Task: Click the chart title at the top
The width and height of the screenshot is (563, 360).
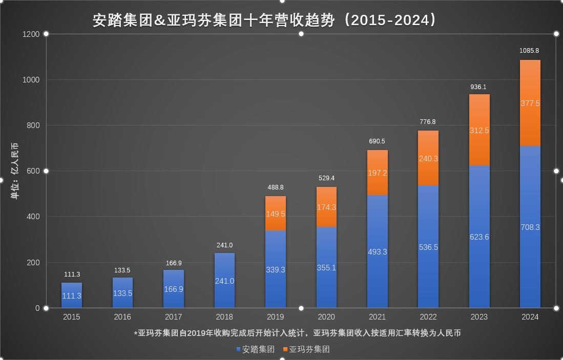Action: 265,20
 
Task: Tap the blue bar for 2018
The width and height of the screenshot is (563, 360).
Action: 224,281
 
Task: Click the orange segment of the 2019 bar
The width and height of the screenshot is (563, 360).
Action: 276,214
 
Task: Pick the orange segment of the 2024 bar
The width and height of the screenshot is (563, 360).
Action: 530,103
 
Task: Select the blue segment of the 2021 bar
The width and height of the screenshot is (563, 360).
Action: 378,251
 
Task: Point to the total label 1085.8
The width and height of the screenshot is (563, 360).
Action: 529,51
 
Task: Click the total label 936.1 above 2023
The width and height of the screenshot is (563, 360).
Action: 478,87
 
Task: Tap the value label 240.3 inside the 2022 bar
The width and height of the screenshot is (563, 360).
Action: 428,159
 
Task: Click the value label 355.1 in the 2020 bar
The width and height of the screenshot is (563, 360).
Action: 326,267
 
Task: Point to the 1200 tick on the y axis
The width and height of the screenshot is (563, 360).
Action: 31,34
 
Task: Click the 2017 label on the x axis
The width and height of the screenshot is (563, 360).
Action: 174,317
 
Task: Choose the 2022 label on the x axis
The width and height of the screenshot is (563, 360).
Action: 428,317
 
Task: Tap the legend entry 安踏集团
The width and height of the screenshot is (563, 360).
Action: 255,349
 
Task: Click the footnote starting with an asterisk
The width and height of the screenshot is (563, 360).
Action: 298,333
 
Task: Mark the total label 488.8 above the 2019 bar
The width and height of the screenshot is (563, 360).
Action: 276,188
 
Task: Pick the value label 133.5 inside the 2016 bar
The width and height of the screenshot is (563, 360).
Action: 122,293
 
